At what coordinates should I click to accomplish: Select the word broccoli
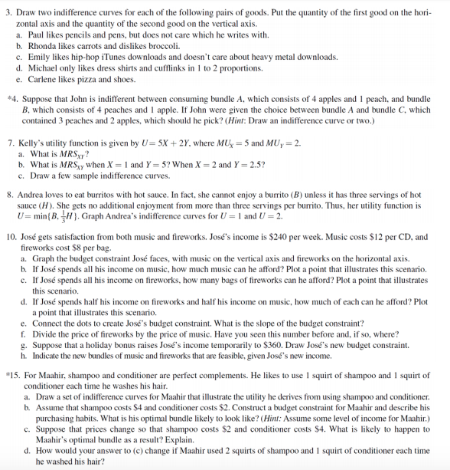pos(164,45)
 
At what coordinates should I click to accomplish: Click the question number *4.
pos(12,100)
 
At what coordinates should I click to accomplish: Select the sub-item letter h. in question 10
pos(25,356)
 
